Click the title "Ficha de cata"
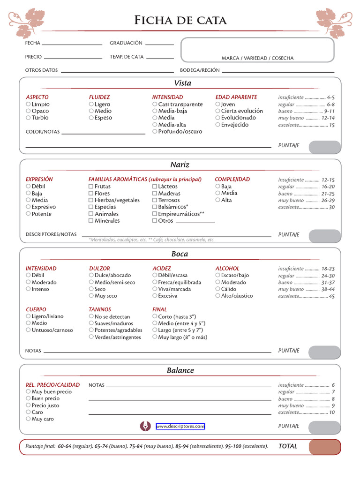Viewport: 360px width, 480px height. (x=180, y=20)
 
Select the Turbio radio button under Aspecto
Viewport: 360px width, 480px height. (x=28, y=118)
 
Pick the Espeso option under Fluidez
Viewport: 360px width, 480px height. (x=91, y=118)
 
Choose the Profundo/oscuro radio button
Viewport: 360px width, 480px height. (x=155, y=132)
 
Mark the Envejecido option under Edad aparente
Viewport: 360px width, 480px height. (x=218, y=125)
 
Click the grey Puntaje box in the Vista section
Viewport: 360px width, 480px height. (x=324, y=147)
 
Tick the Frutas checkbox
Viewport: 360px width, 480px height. (x=91, y=187)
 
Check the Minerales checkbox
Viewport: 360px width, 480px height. (x=91, y=221)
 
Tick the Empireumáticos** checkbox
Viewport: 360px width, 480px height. (x=155, y=214)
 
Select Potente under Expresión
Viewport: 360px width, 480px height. (x=28, y=214)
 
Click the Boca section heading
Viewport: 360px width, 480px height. (x=180, y=254)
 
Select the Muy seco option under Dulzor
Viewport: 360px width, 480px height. (x=91, y=296)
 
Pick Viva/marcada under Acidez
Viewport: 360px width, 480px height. (x=155, y=289)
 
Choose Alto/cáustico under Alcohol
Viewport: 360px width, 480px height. (x=218, y=296)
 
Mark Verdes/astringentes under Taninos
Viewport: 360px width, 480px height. (x=91, y=337)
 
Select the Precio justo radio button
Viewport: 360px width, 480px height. (x=28, y=405)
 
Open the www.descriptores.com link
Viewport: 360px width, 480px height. (x=180, y=426)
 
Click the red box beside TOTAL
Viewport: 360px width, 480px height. (x=324, y=447)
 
